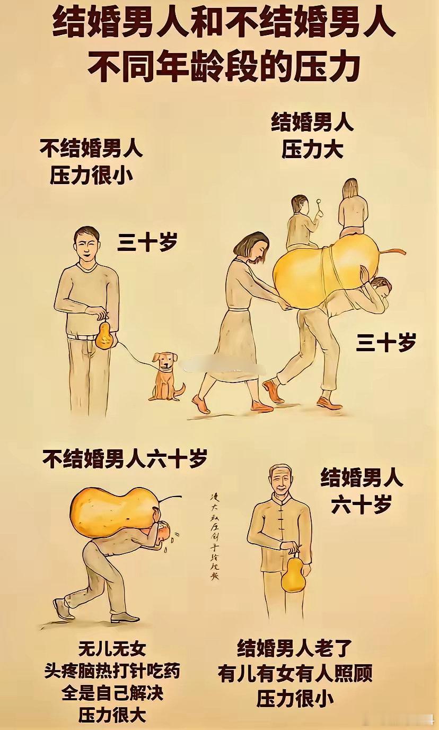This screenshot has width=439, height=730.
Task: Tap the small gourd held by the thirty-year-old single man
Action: [105, 335]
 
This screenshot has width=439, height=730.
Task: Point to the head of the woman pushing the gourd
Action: [251, 247]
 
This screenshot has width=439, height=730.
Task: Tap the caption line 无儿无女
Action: [112, 648]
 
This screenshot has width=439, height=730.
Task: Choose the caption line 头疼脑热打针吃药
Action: [112, 671]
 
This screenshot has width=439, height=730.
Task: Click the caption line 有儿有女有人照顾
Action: [295, 673]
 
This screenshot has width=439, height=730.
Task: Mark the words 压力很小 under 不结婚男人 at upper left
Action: [91, 175]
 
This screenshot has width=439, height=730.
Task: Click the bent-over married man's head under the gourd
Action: [381, 287]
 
